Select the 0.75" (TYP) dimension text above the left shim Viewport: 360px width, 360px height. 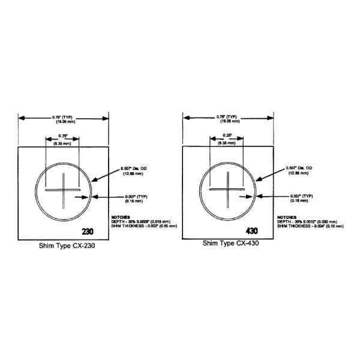click(x=63, y=116)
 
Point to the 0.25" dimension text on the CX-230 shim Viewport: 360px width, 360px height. click(x=63, y=135)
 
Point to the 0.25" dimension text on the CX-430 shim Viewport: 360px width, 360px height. click(x=227, y=135)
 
